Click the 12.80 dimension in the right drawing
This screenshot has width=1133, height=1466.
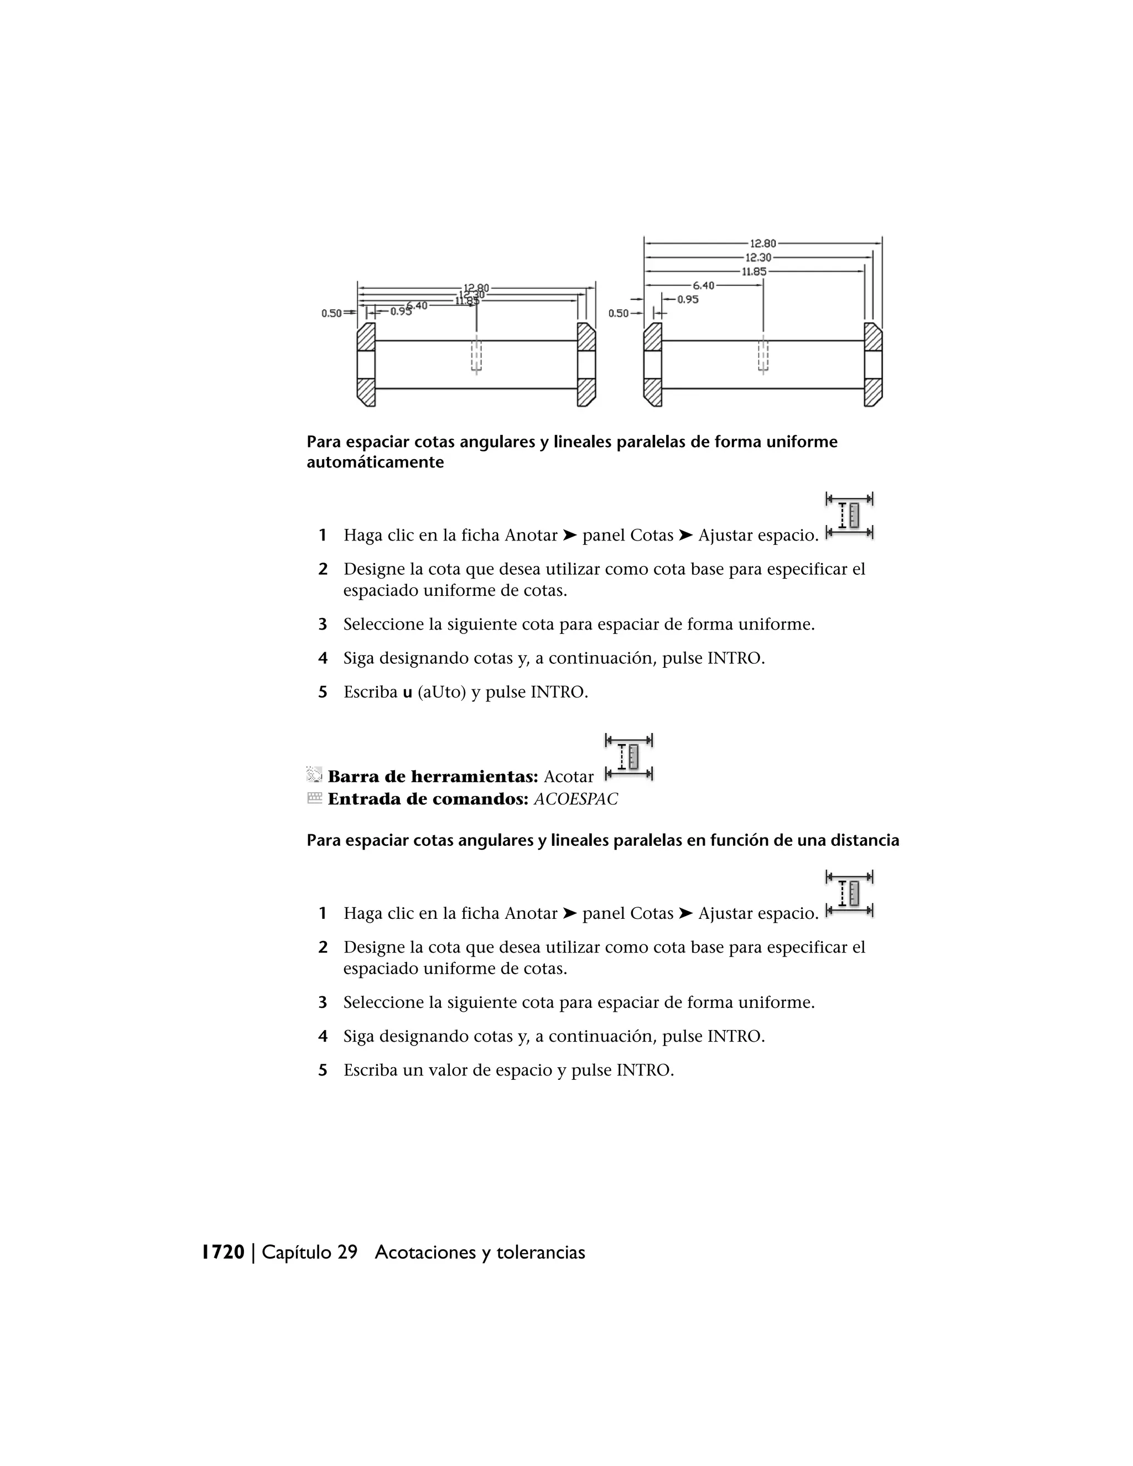(762, 243)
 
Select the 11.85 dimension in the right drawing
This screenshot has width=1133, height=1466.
(754, 272)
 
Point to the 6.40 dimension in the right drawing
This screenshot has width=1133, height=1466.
(704, 285)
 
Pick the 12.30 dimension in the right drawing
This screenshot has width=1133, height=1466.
(758, 258)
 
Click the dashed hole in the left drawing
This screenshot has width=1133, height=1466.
(476, 356)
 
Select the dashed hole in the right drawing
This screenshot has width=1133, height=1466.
(763, 356)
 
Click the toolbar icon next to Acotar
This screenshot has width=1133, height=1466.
(629, 758)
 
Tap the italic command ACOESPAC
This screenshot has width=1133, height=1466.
(575, 799)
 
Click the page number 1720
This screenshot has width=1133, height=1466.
(223, 1252)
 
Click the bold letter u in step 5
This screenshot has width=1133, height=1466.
(407, 692)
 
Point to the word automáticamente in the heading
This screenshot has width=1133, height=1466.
(375, 462)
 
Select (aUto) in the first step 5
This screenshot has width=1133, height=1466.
(441, 692)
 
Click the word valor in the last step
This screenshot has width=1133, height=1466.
(447, 1070)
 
